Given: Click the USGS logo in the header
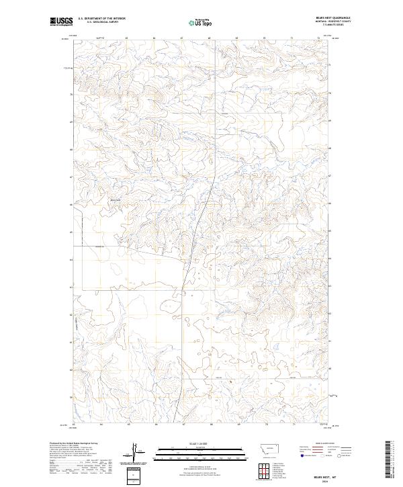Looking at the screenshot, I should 61,22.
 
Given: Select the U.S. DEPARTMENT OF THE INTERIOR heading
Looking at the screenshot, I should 101,19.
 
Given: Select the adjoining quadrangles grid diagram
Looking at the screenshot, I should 261,470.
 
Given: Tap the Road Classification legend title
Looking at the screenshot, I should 325,444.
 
